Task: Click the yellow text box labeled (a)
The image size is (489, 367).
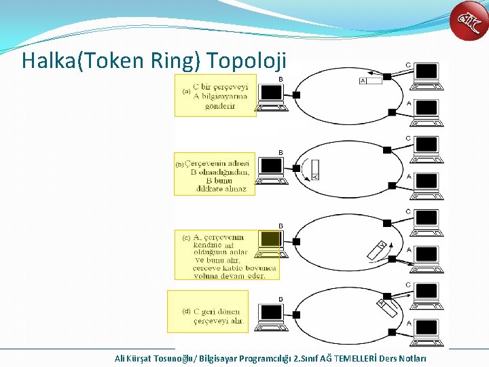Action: tap(215, 96)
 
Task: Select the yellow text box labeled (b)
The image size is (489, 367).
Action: tap(215, 173)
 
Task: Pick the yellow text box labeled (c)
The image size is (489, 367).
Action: tap(227, 254)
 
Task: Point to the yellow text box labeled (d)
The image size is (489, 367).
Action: tap(208, 311)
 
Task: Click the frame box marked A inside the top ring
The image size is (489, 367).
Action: tap(371, 81)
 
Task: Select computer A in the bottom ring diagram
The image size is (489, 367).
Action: tap(427, 330)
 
